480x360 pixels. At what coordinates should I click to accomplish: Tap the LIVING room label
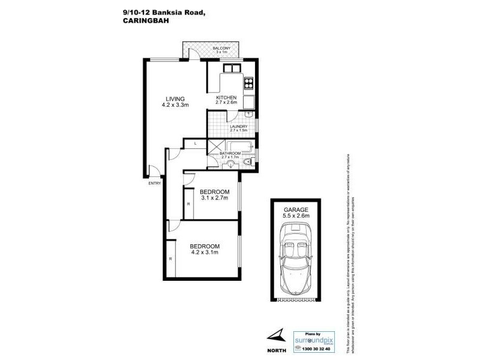175,99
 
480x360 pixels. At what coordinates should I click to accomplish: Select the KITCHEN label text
227,97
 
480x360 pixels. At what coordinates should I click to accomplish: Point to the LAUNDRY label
239,126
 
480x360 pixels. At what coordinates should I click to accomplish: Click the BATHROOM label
230,154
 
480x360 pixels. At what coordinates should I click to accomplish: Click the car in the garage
294,259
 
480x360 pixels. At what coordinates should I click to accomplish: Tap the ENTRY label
155,184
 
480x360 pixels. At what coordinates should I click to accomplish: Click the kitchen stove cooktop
249,83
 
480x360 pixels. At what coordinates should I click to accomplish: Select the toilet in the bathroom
250,158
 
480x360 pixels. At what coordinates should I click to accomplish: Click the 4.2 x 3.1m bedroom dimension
205,253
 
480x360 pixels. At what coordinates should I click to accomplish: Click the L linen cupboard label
196,143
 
